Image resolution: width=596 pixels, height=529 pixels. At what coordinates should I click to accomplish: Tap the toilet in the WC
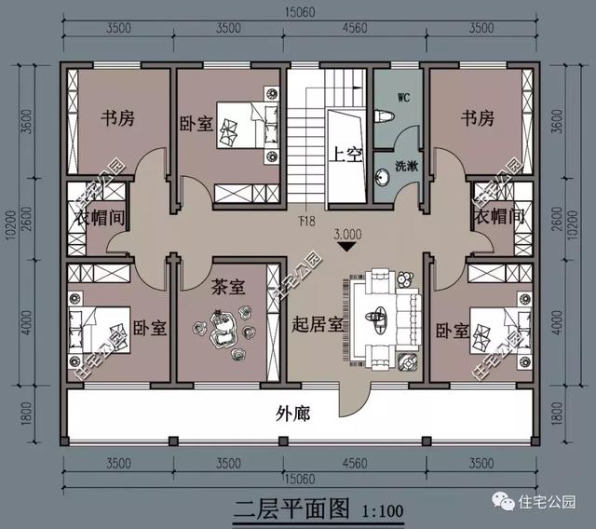[384, 118]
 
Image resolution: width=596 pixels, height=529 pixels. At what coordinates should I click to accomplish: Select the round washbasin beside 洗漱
[383, 175]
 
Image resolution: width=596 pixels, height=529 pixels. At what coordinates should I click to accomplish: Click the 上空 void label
[345, 156]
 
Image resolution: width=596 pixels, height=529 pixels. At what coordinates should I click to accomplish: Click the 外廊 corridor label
[293, 412]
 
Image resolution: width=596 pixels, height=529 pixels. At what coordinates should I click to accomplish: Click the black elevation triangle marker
[347, 248]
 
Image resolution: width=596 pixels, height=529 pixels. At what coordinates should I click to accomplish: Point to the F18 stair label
[305, 221]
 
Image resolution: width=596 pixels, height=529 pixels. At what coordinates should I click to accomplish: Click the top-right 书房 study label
[477, 118]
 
